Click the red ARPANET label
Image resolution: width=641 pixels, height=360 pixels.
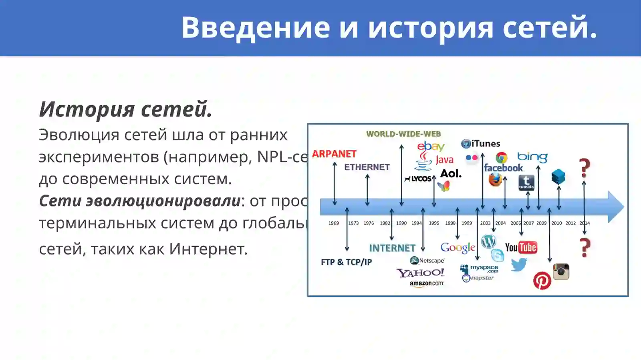[334, 154]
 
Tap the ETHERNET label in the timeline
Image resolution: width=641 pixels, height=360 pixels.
[367, 167]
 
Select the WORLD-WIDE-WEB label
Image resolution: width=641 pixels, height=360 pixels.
[403, 134]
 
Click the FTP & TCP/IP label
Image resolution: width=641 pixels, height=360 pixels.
[346, 262]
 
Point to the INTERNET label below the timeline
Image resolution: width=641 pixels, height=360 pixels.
[392, 248]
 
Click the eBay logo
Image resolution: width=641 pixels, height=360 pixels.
[431, 146]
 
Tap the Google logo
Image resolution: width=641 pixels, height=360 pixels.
[458, 248]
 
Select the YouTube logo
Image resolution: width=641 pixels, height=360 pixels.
[520, 247]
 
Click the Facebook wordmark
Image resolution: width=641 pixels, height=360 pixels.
[503, 168]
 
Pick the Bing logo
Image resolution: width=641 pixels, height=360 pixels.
[532, 157]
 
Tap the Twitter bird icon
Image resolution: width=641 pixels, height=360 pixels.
[519, 264]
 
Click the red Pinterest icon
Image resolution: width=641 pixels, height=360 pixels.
[542, 280]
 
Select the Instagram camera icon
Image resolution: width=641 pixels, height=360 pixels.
[561, 272]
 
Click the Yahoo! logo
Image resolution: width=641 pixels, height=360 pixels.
[420, 273]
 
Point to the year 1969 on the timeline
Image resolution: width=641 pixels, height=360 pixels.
[333, 223]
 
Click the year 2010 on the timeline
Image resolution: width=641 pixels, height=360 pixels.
[556, 223]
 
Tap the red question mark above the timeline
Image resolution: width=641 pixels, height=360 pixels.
[585, 168]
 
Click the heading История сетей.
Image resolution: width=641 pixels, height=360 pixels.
[125, 109]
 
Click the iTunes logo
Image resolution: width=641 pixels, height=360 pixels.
[481, 143]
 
